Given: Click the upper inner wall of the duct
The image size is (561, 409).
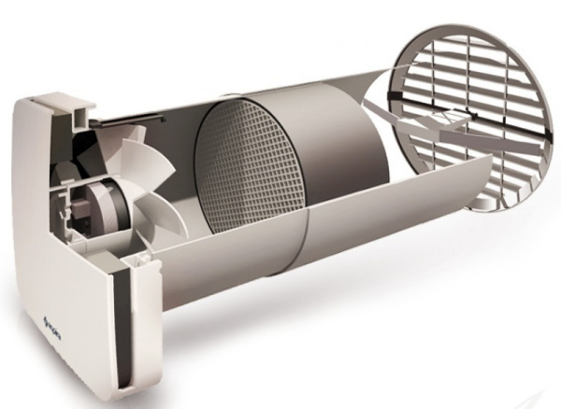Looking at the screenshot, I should [280, 103].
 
